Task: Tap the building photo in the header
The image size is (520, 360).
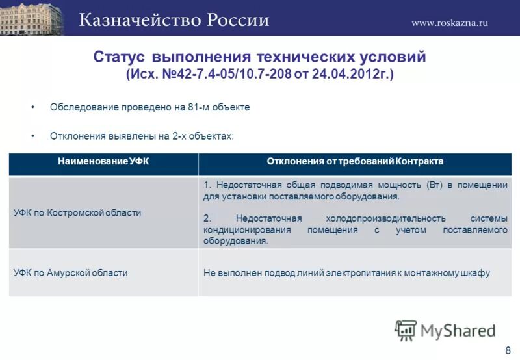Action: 32,18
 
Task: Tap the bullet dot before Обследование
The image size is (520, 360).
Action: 32,107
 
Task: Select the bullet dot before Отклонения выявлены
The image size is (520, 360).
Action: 32,136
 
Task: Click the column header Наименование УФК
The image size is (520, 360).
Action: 103,161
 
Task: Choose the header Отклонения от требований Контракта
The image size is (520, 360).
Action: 355,161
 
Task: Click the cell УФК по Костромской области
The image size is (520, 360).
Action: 77,212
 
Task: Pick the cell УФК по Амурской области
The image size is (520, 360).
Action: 71,273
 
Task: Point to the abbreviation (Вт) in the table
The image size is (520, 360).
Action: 435,185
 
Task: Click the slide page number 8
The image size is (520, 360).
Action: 508,350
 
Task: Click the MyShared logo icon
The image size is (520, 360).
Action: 406,329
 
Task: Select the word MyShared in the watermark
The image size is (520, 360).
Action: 458,330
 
